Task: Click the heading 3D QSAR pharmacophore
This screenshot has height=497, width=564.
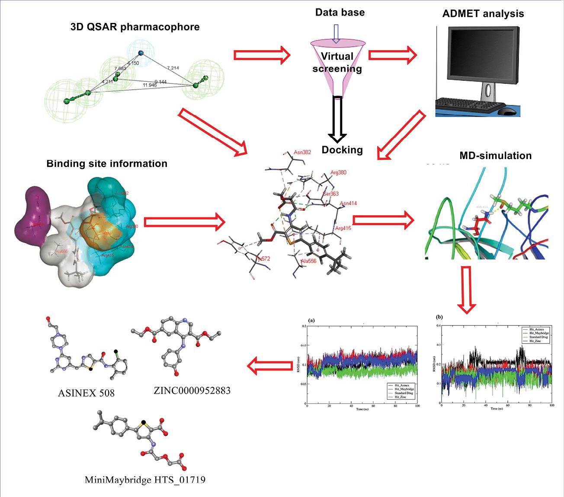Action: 135,27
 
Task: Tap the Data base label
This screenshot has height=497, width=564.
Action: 340,12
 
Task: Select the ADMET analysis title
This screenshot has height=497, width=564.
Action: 483,13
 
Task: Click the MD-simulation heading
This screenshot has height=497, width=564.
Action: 495,155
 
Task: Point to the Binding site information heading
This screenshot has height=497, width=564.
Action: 107,164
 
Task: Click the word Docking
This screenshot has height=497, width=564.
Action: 342,150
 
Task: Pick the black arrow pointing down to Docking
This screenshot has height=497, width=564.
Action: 337,119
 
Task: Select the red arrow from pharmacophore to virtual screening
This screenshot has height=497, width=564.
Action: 262,55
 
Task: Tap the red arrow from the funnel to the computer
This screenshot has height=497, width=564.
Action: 392,55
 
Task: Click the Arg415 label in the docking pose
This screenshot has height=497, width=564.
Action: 343,228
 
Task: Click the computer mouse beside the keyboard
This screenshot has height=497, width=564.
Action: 507,111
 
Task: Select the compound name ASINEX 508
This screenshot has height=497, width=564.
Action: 87,393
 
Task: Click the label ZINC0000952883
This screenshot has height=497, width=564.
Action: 192,391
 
